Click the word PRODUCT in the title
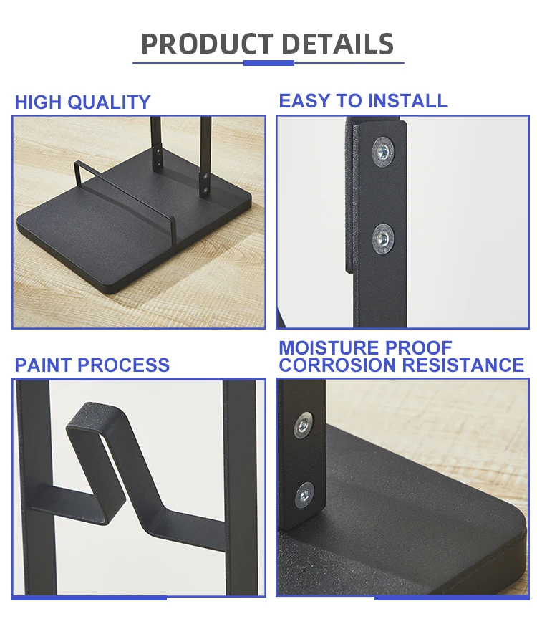tap(207, 44)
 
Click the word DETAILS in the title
tap(337, 44)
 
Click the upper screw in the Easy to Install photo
tap(382, 151)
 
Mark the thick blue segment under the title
tap(268, 63)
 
